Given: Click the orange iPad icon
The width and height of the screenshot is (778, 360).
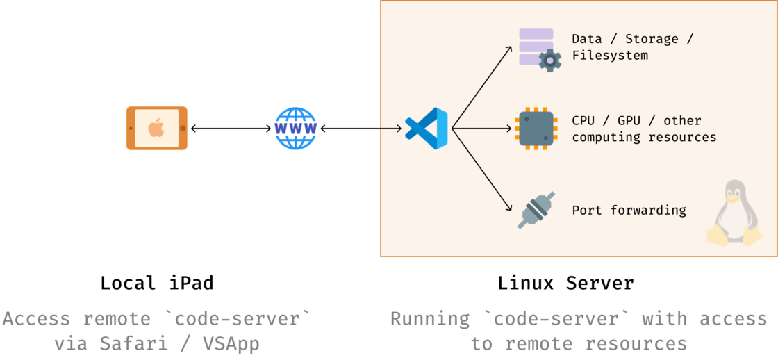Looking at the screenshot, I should (x=157, y=128).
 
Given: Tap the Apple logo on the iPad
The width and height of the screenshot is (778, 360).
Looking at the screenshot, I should (x=156, y=128).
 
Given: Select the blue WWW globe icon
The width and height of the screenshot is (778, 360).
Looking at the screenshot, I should (x=295, y=129).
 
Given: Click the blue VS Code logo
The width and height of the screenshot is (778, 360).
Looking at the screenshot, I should (x=427, y=129).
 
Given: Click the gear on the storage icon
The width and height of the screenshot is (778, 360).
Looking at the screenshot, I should (x=550, y=60).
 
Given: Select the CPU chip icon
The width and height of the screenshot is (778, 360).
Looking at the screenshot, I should (x=536, y=129).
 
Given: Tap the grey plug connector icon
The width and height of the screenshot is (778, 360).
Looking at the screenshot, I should (x=536, y=210).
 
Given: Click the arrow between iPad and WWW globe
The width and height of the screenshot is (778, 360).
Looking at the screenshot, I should (x=231, y=129).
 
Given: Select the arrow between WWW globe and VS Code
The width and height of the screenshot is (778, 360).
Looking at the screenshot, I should (x=361, y=129).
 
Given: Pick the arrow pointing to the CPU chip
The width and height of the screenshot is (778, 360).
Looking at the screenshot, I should (x=482, y=129).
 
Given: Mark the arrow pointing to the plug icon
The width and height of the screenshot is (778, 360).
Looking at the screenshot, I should (x=481, y=170).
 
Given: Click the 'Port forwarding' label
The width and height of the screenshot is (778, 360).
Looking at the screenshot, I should (x=629, y=210).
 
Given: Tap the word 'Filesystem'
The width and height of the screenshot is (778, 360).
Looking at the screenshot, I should (x=610, y=56).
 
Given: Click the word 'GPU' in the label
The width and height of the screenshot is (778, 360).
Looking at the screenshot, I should (x=629, y=121).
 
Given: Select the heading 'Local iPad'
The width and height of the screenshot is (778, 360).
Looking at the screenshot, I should (x=157, y=284).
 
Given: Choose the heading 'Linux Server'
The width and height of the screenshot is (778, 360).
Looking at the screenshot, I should (x=565, y=284).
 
